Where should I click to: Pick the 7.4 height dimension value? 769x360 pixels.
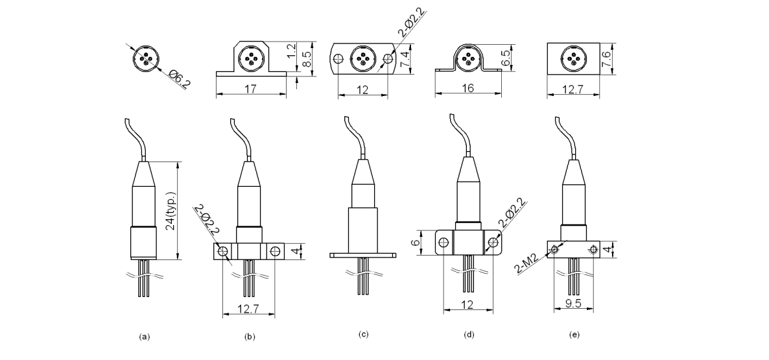[405, 59]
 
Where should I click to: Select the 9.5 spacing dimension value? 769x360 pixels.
[573, 303]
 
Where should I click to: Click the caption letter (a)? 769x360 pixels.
[144, 337]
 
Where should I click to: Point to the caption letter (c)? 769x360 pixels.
[363, 335]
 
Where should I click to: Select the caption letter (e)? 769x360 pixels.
[574, 335]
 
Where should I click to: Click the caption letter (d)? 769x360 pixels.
[469, 335]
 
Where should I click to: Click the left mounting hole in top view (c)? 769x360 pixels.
[337, 58]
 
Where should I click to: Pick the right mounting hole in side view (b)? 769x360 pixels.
[275, 250]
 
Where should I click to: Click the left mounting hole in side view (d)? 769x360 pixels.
[443, 243]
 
